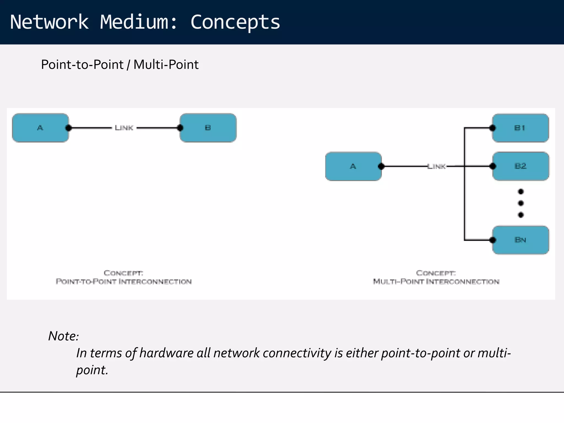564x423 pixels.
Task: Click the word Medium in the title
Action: tap(134, 22)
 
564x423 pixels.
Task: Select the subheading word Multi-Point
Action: tap(166, 65)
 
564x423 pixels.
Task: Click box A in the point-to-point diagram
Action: tap(40, 128)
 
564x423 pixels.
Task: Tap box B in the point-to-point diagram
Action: tap(208, 128)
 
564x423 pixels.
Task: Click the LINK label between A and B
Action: tap(124, 128)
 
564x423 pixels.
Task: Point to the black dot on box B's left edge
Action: tap(180, 128)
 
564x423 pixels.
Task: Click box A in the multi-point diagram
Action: tap(353, 166)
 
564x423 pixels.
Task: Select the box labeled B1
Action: tap(520, 128)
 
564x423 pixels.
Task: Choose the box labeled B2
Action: tap(520, 166)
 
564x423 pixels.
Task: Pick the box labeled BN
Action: tap(520, 240)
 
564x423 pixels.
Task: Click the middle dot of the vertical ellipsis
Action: tap(520, 203)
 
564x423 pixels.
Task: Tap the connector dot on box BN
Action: tap(493, 240)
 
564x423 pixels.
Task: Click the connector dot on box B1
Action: tap(493, 128)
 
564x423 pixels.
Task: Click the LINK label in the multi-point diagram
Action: tap(436, 166)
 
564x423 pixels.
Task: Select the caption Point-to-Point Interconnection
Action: tap(124, 281)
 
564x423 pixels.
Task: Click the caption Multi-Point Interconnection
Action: tap(436, 281)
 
